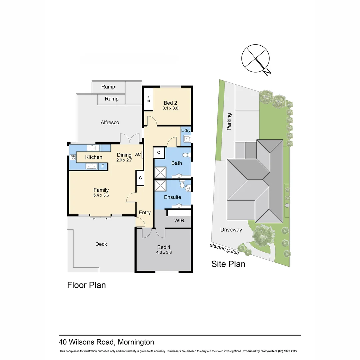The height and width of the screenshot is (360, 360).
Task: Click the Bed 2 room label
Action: tap(170, 103)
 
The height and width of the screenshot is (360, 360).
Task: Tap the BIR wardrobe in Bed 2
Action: tap(148, 99)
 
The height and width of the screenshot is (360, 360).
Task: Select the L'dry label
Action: tap(186, 130)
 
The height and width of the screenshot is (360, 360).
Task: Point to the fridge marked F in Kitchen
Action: tap(103, 166)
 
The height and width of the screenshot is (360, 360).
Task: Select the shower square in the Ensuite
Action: tap(160, 186)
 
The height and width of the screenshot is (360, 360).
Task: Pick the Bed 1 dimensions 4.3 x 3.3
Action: tap(164, 252)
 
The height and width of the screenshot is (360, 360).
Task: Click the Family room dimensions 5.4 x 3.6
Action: tap(101, 195)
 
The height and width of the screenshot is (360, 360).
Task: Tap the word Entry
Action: tap(145, 213)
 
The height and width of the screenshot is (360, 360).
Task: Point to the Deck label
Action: tap(101, 244)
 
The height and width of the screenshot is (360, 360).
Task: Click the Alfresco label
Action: tap(110, 122)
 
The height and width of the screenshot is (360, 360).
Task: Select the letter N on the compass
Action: tap(267, 72)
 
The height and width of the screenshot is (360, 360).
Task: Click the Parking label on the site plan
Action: tap(229, 121)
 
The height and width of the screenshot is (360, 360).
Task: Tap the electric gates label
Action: tap(224, 249)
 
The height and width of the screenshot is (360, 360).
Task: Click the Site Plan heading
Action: tap(228, 264)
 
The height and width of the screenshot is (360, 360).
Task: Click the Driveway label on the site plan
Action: tap(231, 230)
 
